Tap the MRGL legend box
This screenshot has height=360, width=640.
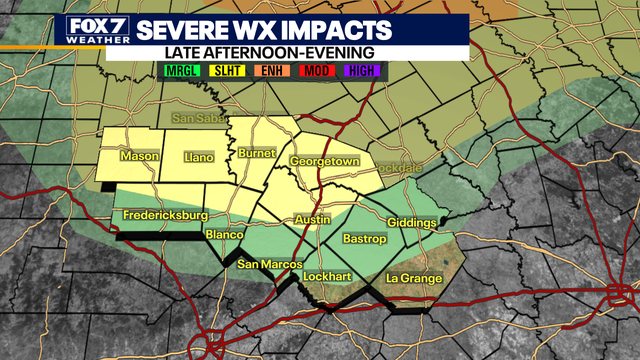(180, 71)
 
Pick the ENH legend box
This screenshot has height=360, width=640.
(271, 71)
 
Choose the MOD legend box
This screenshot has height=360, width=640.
(316, 71)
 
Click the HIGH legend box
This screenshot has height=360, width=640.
(362, 71)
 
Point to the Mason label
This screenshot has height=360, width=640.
(139, 157)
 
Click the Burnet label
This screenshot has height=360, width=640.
(257, 154)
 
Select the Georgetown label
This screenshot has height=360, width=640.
(324, 161)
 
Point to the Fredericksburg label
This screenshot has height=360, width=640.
(165, 216)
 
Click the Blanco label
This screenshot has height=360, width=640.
(224, 235)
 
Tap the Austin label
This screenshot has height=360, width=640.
(312, 220)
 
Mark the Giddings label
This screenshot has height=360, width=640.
(411, 222)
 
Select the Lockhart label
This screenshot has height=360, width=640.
(328, 273)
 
